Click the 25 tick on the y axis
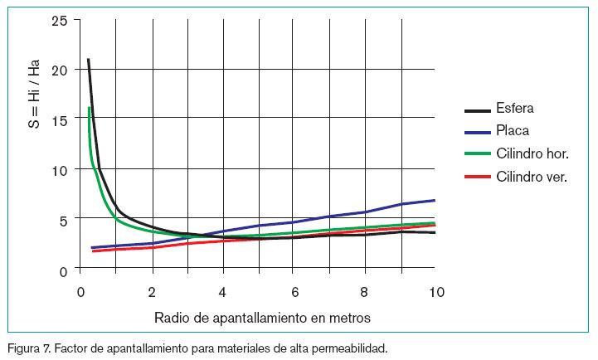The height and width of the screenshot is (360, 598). click(x=59, y=20)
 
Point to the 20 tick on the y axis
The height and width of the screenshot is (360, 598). click(x=59, y=70)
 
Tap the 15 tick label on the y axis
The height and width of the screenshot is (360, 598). click(x=59, y=120)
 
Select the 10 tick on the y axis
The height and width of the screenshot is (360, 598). click(x=59, y=170)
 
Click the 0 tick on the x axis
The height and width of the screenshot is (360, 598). click(x=80, y=292)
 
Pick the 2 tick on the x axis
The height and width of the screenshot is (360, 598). click(x=152, y=292)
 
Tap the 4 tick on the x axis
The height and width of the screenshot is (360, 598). click(x=222, y=292)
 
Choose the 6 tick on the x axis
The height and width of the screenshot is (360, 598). click(x=294, y=292)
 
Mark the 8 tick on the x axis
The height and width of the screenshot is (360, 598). click(x=365, y=292)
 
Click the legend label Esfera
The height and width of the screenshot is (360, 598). click(x=514, y=109)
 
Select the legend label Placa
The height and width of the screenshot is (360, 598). click(x=513, y=131)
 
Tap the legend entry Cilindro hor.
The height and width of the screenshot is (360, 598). click(x=532, y=154)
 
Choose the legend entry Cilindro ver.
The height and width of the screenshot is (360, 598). click(x=532, y=177)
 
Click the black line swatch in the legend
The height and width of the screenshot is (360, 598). click(x=477, y=109)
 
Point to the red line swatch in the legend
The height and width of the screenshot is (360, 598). click(x=477, y=178)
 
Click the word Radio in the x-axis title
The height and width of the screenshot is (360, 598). click(x=171, y=318)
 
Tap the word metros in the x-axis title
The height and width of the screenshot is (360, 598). click(x=349, y=318)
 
